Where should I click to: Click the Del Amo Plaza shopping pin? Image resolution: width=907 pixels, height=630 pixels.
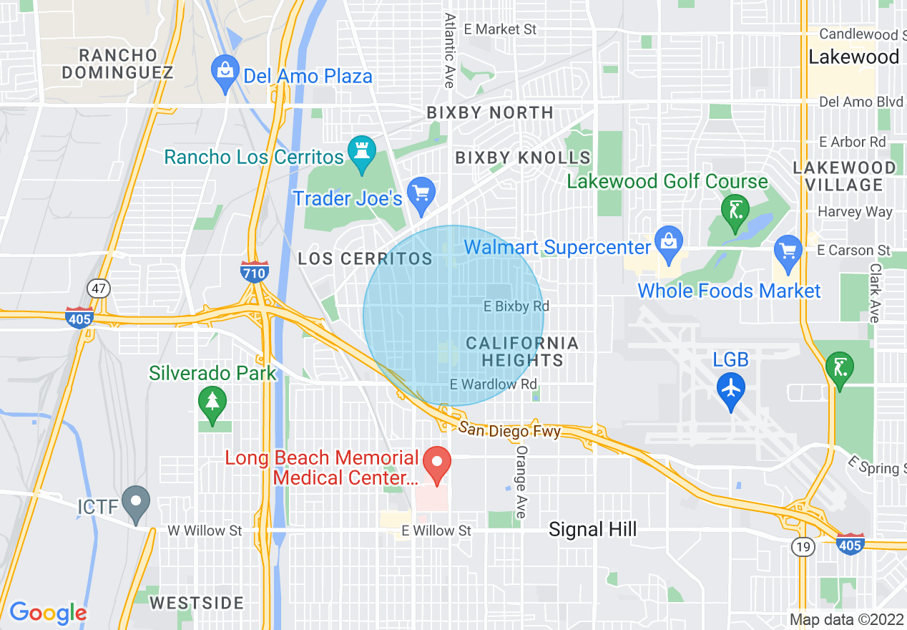225,72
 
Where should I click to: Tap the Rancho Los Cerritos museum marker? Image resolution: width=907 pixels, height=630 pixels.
361,152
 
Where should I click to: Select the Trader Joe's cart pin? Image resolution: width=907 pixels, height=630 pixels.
421,193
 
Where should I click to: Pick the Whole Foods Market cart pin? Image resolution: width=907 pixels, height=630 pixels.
788,252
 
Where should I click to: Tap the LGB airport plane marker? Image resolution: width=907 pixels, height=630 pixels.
730,389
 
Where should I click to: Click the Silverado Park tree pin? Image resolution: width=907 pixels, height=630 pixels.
212,402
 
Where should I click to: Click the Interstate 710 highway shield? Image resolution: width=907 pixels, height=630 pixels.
255,271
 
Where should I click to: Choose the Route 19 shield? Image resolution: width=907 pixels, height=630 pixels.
800,548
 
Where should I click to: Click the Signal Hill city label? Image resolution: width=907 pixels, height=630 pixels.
592,529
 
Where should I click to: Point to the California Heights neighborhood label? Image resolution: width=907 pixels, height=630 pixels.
522,352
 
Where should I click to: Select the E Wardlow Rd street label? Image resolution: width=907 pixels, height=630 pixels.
493,384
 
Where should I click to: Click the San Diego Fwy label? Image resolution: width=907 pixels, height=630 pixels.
509,430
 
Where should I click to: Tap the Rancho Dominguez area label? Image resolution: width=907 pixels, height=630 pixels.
118,64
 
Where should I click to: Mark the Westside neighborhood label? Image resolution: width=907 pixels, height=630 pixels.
197,603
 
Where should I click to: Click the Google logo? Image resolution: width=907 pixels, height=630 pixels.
48,613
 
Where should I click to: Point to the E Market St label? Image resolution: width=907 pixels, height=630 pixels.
500,29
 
